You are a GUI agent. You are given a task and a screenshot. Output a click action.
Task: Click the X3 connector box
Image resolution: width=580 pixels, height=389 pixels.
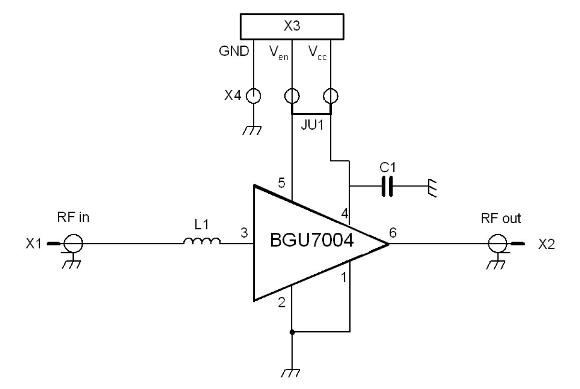[x=292, y=26]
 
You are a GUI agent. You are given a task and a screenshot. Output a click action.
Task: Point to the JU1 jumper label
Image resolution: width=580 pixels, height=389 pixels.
[x=311, y=126]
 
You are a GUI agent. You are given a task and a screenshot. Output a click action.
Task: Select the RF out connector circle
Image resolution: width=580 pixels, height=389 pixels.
[x=496, y=243]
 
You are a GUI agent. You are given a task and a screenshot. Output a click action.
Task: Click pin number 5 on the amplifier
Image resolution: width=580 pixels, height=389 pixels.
[x=282, y=184]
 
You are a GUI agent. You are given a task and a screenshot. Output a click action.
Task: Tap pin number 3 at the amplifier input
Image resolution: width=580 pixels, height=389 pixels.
[x=244, y=234]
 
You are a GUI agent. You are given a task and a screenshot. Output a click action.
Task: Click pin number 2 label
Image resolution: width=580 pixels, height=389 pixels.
[x=282, y=303]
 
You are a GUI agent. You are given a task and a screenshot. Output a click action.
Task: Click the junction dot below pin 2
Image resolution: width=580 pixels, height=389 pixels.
[x=292, y=332]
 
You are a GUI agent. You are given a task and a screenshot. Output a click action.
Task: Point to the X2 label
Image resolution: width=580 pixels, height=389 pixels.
[x=547, y=244]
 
